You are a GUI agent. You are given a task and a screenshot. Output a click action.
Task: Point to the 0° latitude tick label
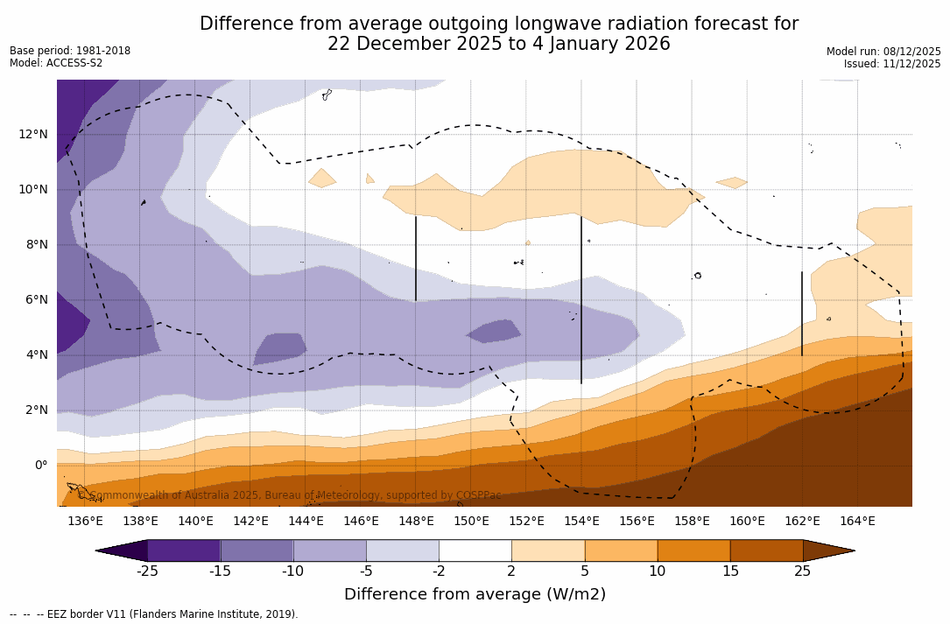pyautogui.click(x=40, y=465)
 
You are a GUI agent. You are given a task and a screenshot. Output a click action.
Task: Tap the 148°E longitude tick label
pyautogui.click(x=416, y=522)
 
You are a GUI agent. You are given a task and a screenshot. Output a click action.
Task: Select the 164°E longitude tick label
pyautogui.click(x=857, y=522)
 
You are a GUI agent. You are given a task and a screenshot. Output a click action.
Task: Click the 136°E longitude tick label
pyautogui.click(x=85, y=522)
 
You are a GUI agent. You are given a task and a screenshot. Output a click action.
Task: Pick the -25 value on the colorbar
pyautogui.click(x=147, y=571)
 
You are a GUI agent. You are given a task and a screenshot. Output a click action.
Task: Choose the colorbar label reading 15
pyautogui.click(x=729, y=571)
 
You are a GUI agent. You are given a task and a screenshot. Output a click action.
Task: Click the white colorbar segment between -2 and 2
pyautogui.click(x=475, y=550)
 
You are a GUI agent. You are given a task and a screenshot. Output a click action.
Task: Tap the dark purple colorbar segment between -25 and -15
pyautogui.click(x=184, y=550)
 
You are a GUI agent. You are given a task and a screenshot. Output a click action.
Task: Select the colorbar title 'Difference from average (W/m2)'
pyautogui.click(x=475, y=595)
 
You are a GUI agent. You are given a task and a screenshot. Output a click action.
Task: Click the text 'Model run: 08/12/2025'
pyautogui.click(x=883, y=52)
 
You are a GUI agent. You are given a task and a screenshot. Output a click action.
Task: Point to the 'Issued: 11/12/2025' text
pyautogui.click(x=892, y=64)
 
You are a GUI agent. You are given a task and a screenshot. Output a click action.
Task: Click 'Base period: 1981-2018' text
pyautogui.click(x=70, y=51)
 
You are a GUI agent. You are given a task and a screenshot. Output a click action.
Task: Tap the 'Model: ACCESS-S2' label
pyautogui.click(x=56, y=63)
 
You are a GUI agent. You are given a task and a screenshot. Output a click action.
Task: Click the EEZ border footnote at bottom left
pyautogui.click(x=154, y=614)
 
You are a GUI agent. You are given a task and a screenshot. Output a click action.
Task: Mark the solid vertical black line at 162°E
pyautogui.click(x=802, y=313)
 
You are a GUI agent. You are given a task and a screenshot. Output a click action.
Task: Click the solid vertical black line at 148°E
pyautogui.click(x=416, y=258)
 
